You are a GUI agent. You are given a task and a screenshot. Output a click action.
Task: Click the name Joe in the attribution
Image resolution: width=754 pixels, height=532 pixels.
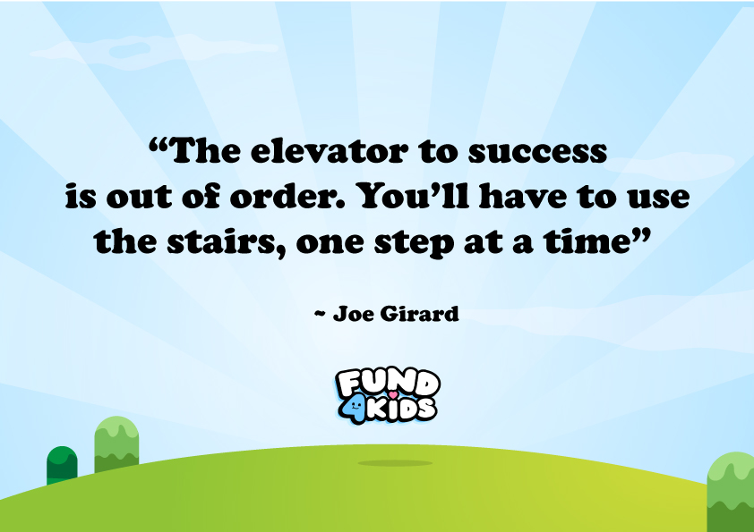352,314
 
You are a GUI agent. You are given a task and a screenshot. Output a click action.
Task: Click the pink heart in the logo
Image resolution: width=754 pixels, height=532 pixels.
391,393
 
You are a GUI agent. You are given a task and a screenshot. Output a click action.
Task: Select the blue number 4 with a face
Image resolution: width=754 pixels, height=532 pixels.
356,408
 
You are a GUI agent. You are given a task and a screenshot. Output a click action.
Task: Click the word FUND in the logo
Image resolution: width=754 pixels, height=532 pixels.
387,382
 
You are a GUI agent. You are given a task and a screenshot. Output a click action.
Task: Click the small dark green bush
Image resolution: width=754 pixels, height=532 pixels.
62,465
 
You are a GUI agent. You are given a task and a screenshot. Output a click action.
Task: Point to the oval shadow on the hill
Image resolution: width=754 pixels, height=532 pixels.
395,463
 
